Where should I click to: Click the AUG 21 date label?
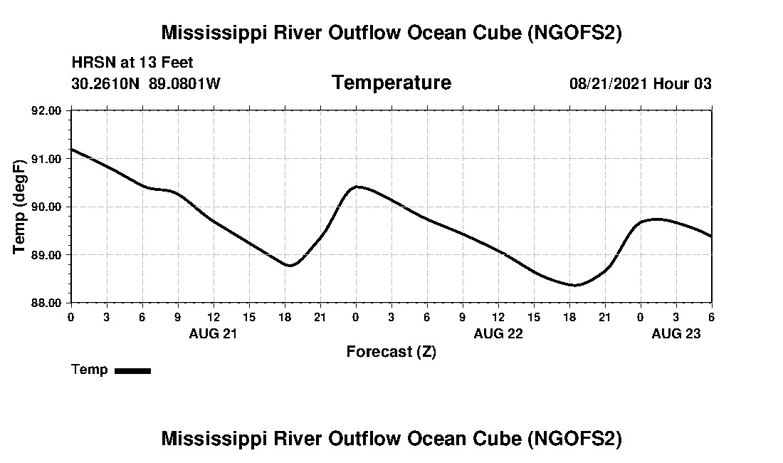click(213, 333)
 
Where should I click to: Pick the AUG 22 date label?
click(498, 333)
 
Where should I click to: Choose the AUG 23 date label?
click(676, 333)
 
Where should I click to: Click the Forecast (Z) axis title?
click(391, 352)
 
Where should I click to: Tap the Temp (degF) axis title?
click(20, 207)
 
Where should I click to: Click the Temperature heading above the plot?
click(391, 83)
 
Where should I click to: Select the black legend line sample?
click(133, 370)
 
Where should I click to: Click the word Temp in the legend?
click(90, 370)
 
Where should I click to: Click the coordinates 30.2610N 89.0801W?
click(146, 83)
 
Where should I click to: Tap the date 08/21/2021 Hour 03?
click(641, 84)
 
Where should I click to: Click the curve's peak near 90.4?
click(357, 187)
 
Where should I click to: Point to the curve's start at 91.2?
click(72, 150)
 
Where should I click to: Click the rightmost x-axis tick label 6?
click(712, 316)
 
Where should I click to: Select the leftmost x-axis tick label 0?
click(70, 316)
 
